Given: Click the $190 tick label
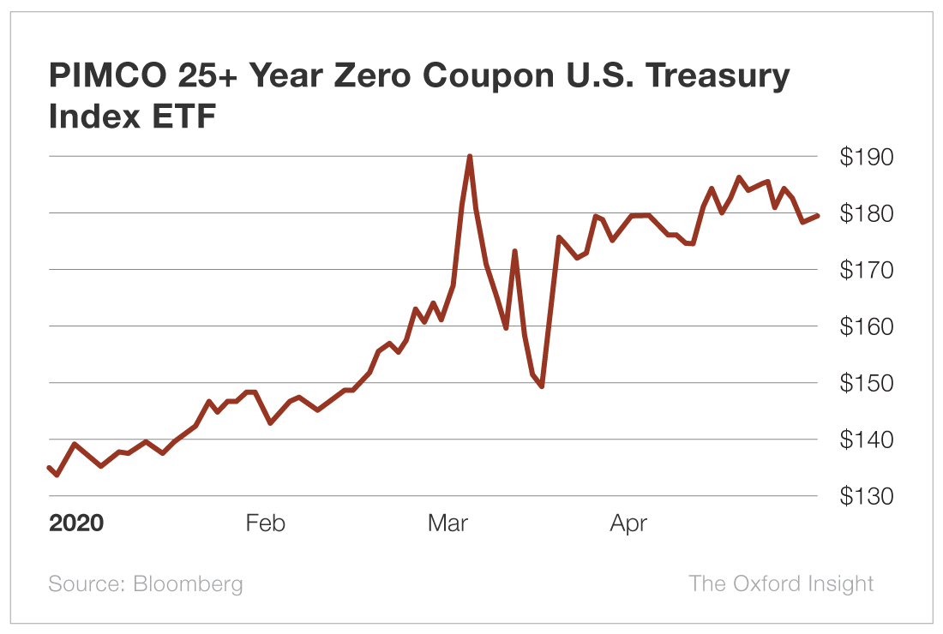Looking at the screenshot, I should pyautogui.click(x=867, y=158).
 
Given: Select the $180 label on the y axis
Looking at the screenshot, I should pyautogui.click(x=867, y=213).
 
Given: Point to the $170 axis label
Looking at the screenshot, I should pyautogui.click(x=867, y=270).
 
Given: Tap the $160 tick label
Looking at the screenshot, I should pyautogui.click(x=867, y=326).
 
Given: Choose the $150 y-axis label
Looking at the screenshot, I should pyautogui.click(x=867, y=383).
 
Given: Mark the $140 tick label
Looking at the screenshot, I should pyautogui.click(x=867, y=440).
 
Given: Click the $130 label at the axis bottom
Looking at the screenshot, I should pyautogui.click(x=867, y=497).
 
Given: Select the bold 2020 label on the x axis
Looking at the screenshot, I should pyautogui.click(x=76, y=523).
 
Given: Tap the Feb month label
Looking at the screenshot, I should pyautogui.click(x=265, y=523).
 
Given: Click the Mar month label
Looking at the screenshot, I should pyautogui.click(x=447, y=523).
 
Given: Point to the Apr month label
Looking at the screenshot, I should pyautogui.click(x=628, y=523).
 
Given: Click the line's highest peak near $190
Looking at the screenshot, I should pyautogui.click(x=470, y=157).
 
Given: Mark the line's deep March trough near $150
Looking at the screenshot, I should pyautogui.click(x=542, y=386).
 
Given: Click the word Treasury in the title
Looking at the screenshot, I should pyautogui.click(x=718, y=77).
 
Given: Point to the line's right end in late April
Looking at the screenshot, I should pyautogui.click(x=818, y=215).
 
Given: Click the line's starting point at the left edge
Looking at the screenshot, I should pyautogui.click(x=49, y=467).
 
